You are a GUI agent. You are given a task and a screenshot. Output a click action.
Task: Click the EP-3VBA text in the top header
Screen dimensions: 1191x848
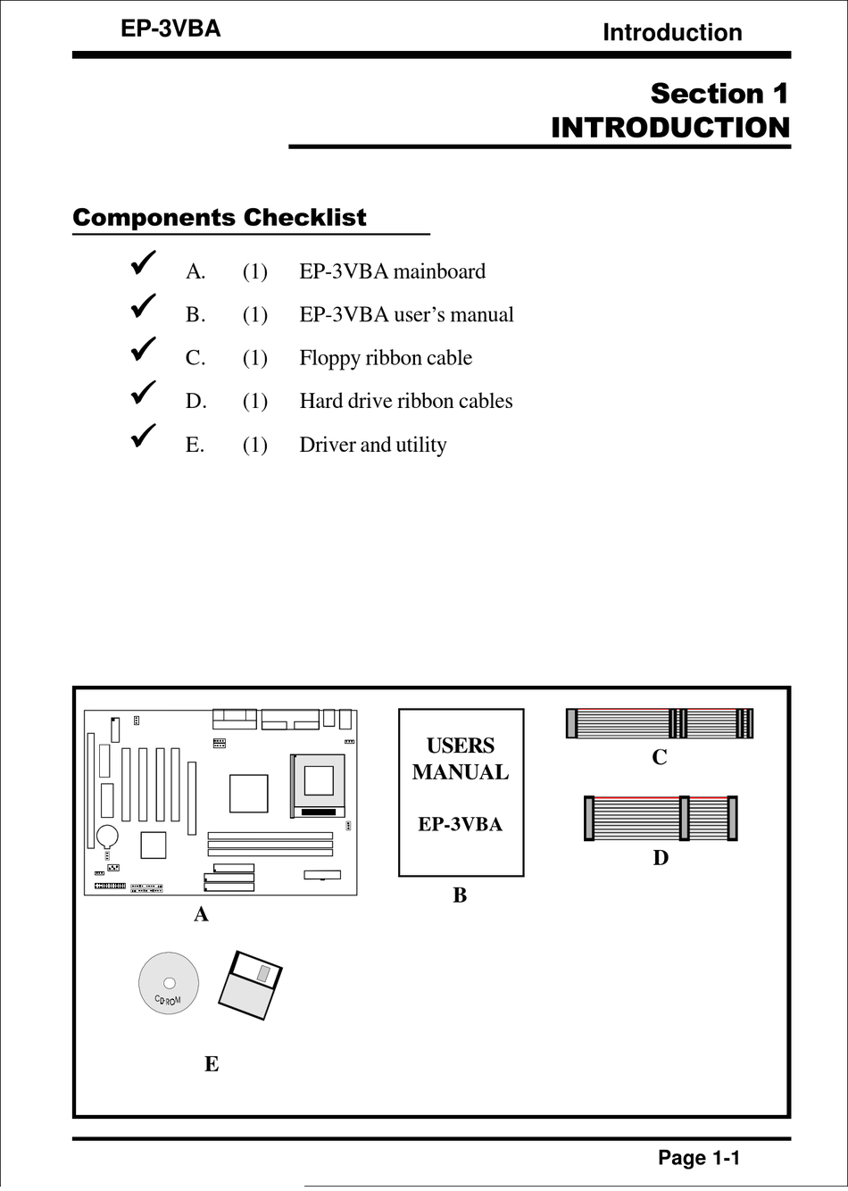click(170, 29)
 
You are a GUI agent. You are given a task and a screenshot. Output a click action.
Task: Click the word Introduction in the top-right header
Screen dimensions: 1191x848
click(672, 32)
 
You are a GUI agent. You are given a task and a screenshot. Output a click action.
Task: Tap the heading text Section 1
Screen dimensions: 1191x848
click(719, 94)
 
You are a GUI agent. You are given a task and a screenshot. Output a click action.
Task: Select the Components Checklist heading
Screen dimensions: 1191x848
click(220, 218)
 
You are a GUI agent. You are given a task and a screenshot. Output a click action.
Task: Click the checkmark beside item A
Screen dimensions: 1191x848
click(143, 262)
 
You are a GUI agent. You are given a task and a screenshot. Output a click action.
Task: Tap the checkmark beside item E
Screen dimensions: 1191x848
click(143, 436)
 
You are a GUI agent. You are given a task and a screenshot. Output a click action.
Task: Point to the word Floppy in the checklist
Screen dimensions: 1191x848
click(328, 358)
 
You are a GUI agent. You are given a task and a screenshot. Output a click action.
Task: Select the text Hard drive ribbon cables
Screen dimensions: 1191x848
click(406, 401)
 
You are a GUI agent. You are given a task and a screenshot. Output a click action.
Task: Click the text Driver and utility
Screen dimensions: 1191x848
click(373, 445)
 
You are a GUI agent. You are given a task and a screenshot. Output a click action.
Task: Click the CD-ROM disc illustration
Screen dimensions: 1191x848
click(169, 983)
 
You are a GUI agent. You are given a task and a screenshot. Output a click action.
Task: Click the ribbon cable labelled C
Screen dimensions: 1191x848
click(660, 723)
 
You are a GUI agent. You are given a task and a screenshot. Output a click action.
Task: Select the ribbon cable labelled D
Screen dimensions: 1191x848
click(661, 819)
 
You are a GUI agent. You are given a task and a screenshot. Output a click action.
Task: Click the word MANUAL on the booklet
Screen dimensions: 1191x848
click(461, 772)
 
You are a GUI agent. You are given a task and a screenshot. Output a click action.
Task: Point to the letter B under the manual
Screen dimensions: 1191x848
click(460, 895)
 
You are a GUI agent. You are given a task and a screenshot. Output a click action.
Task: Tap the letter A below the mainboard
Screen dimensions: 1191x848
click(202, 914)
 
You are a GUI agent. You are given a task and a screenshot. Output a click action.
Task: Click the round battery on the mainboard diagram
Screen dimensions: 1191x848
click(108, 837)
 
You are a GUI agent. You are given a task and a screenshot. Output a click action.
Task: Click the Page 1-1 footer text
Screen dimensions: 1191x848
click(699, 1158)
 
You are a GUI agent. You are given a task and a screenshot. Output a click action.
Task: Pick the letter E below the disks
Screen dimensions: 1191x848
click(212, 1064)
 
